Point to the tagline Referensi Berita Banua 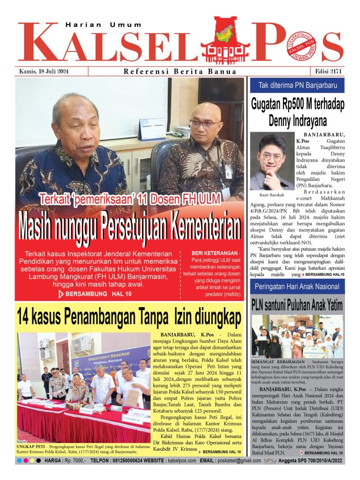[x=180, y=72]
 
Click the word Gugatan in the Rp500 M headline [x=272, y=105]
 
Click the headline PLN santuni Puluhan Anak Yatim [x=297, y=304]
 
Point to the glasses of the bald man [x=203, y=123]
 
